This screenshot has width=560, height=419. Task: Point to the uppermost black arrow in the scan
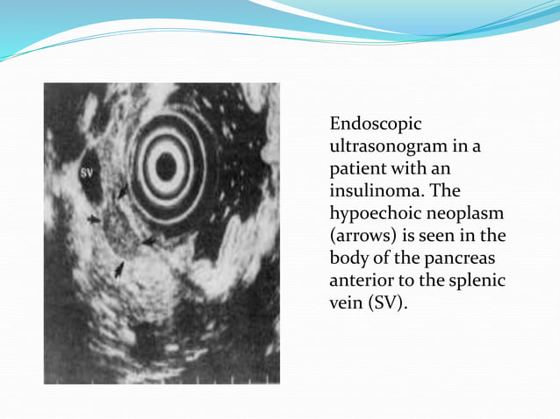123,191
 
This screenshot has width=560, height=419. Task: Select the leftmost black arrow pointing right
94,219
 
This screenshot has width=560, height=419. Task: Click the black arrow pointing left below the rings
148,240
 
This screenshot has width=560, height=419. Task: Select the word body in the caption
348,258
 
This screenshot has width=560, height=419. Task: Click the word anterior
361,281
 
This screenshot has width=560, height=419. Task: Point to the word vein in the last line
346,303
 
